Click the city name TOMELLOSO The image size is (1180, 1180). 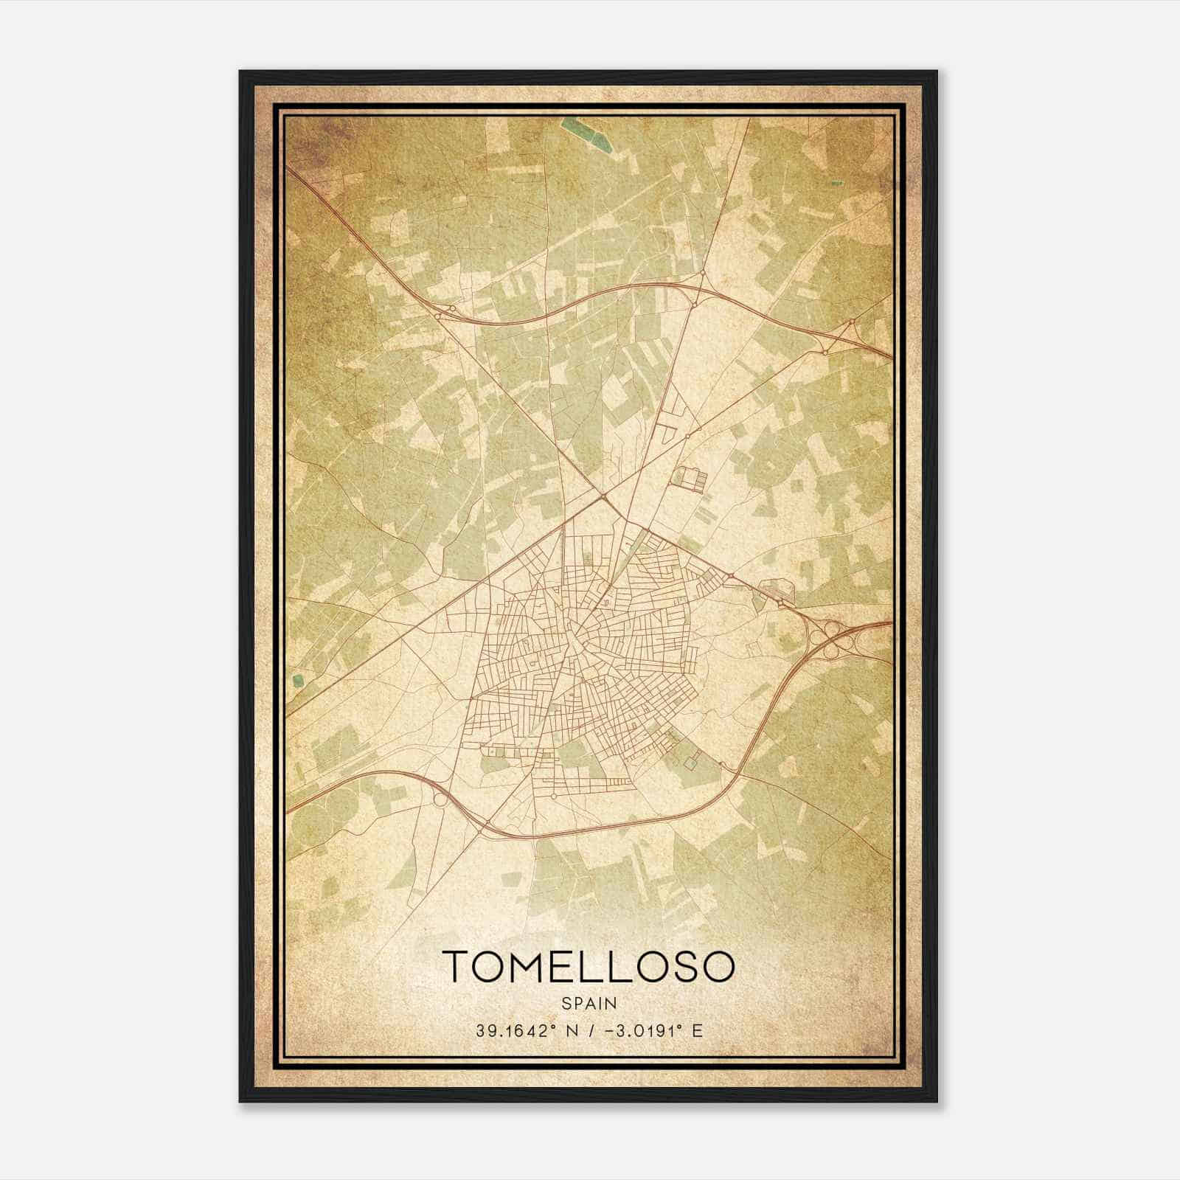pyautogui.click(x=589, y=967)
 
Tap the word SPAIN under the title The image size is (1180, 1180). pyautogui.click(x=589, y=1004)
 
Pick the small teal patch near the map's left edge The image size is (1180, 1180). pyautogui.click(x=297, y=681)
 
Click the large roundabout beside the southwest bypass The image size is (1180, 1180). pyautogui.click(x=440, y=799)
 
